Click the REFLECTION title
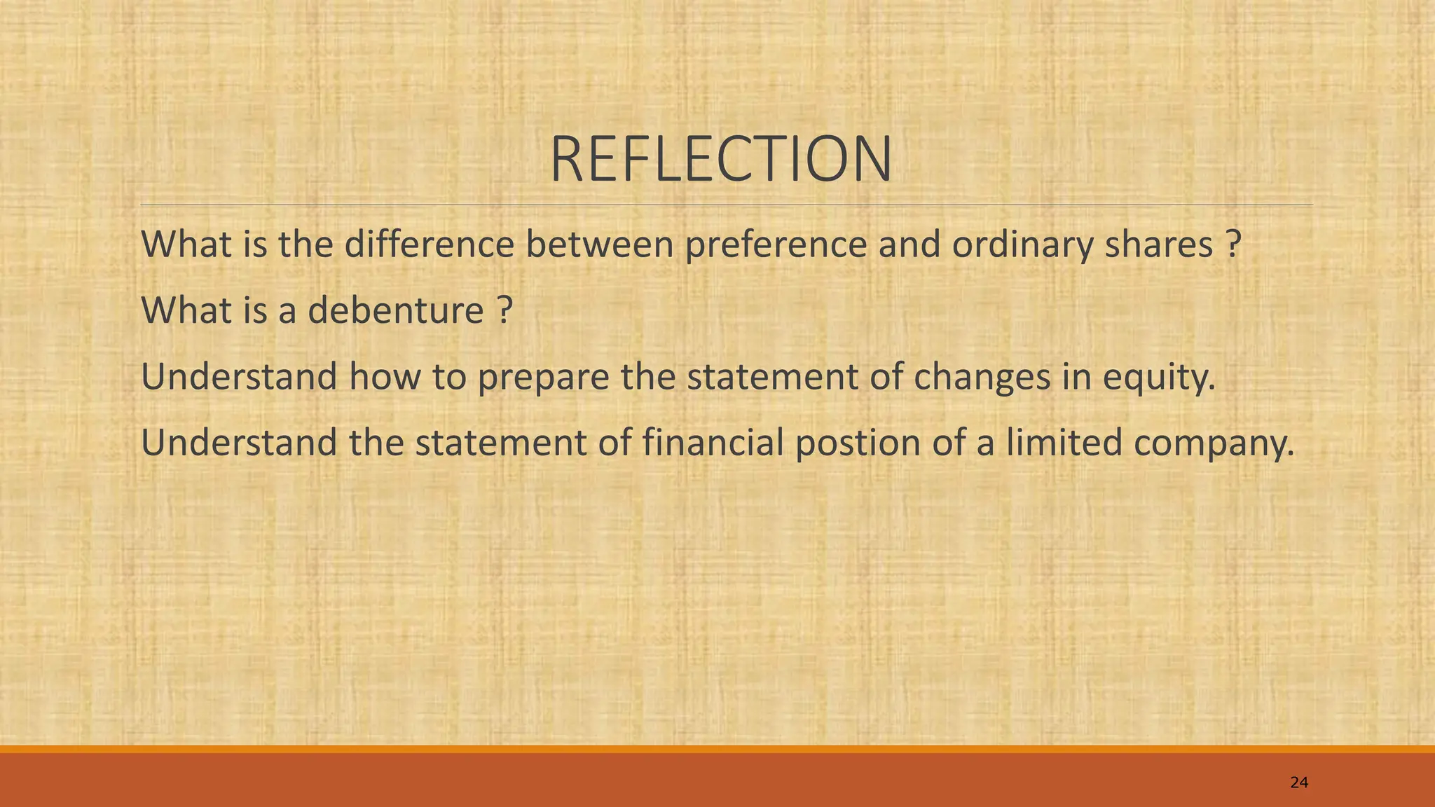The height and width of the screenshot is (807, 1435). (x=721, y=160)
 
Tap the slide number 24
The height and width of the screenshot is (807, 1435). (x=1298, y=782)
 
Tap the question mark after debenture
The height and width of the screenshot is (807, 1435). (x=504, y=310)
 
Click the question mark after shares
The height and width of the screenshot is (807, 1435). (x=1234, y=244)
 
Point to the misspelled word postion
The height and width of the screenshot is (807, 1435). (x=857, y=443)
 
